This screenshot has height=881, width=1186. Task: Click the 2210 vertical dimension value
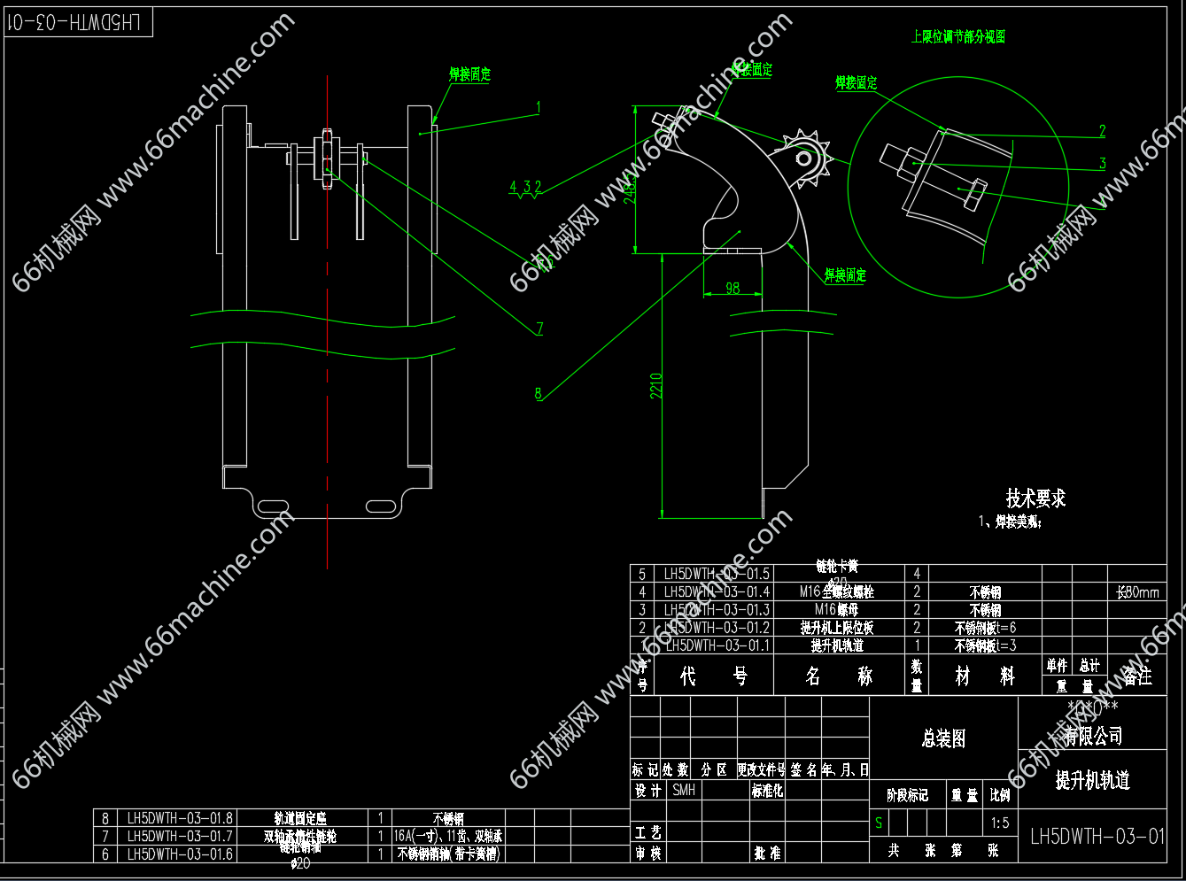pos(656,385)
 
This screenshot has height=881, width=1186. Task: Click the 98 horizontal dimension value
pos(733,288)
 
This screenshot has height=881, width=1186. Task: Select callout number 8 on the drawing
pos(538,393)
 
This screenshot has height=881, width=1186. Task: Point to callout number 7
pos(539,328)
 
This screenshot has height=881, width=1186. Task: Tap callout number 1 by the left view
pos(538,107)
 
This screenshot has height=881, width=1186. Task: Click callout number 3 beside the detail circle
pos(1102,163)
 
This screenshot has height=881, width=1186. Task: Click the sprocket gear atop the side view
pos(805,159)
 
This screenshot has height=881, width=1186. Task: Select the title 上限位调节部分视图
pos(958,37)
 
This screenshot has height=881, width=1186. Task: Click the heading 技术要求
pos(1035,498)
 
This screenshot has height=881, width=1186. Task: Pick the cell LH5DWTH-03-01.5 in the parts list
pos(717,574)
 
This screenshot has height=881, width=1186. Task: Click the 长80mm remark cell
pos(1137,592)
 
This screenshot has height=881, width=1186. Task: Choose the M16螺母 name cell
pos(836,610)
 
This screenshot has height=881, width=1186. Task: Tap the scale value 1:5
pos(999,823)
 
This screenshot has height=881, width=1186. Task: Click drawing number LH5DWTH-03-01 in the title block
pos(1097,836)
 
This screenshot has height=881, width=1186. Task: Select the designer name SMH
pos(683,790)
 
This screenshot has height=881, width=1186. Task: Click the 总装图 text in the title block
pos(943,738)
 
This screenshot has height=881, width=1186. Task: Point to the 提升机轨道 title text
pos(1092,780)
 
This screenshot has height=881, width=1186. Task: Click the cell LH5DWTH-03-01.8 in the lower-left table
pos(180,819)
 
